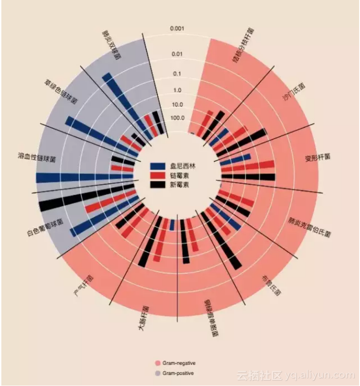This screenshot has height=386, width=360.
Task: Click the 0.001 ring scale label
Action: click(x=177, y=29)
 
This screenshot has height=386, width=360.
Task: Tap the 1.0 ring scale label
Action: click(x=177, y=90)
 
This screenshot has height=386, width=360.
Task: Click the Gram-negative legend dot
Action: click(x=157, y=363)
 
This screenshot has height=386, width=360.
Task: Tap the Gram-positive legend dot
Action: click(x=157, y=373)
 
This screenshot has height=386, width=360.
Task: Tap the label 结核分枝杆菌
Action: click(x=243, y=45)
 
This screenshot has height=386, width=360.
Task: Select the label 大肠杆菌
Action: click(x=144, y=318)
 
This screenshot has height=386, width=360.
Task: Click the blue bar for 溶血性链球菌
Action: click(x=85, y=178)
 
